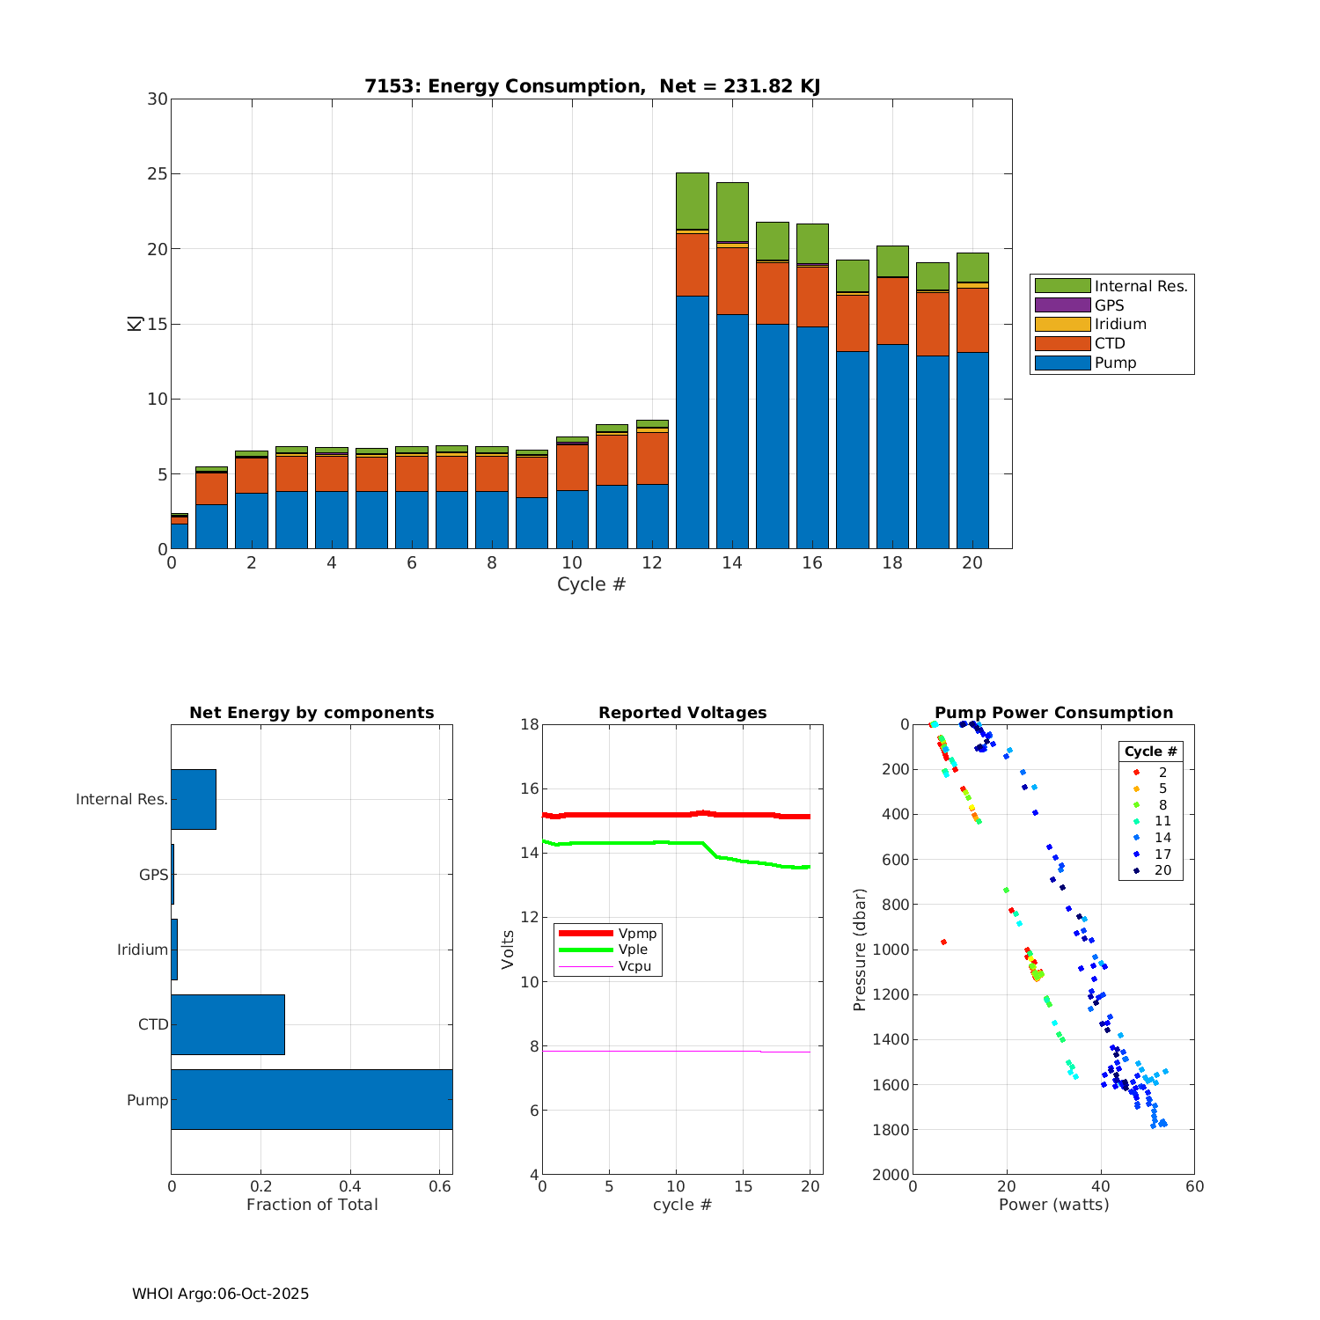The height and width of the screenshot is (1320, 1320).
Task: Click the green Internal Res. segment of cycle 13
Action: [693, 201]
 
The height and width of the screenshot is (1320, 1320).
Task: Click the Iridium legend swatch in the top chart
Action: [1062, 324]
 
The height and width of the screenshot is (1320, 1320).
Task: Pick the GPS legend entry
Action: [1109, 305]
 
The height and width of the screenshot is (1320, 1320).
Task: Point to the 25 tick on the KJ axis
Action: [158, 174]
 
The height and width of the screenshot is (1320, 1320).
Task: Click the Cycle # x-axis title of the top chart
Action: [591, 584]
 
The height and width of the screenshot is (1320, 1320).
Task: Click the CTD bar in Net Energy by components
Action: [228, 1024]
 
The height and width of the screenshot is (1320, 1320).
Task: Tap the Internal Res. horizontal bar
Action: [194, 799]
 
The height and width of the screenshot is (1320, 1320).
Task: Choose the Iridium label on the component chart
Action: [143, 950]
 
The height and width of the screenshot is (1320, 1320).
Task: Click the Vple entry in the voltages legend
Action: [633, 950]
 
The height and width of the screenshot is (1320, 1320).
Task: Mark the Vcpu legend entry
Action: [634, 966]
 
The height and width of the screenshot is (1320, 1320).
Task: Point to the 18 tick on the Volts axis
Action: [530, 724]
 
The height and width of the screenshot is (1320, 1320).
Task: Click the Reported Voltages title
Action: [683, 713]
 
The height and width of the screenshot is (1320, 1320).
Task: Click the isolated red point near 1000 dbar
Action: [943, 942]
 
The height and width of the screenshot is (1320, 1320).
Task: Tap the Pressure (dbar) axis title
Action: [861, 950]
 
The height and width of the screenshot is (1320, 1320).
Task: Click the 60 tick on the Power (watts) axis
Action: [1194, 1186]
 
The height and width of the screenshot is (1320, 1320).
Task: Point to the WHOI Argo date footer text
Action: [221, 1294]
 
